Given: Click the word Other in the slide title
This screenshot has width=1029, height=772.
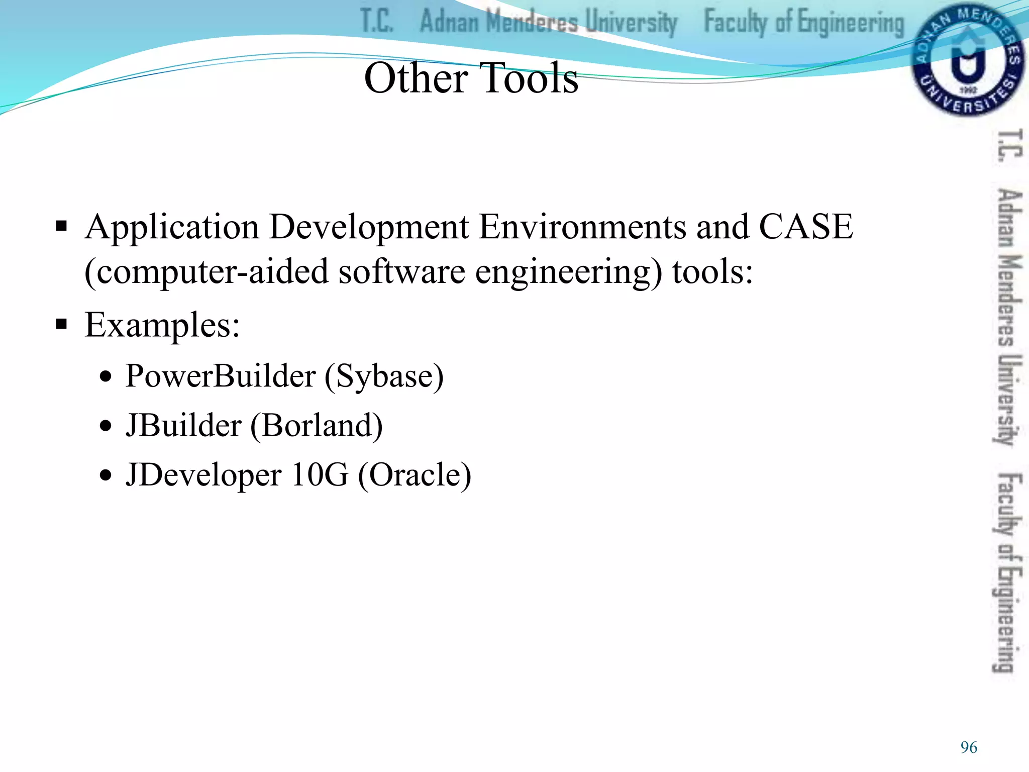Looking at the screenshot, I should point(416,78).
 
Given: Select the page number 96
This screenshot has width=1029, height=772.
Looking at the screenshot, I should point(969,747).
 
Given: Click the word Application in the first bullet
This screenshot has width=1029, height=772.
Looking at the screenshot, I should point(172,228).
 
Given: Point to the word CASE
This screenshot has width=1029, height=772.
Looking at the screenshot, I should point(806,227).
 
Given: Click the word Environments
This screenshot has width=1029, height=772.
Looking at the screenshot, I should point(582,227).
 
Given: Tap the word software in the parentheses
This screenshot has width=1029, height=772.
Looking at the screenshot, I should point(401,272).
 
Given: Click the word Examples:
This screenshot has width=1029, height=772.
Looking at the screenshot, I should point(162,325).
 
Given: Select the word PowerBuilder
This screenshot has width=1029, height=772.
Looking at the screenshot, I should point(221,376).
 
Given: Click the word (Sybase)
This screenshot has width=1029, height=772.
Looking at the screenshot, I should point(384,376).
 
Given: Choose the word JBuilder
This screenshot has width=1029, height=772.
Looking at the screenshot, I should point(183,426).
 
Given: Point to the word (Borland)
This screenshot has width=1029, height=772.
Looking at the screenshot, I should point(317,426).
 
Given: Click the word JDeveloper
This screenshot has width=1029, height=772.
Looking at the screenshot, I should point(203,475).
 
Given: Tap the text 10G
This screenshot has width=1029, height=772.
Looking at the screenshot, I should point(320,475).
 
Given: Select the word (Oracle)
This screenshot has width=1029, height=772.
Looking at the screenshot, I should point(415,475).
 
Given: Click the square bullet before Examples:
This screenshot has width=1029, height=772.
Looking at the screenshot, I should point(61,324).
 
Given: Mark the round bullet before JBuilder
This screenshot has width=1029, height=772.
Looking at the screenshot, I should point(105,426).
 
